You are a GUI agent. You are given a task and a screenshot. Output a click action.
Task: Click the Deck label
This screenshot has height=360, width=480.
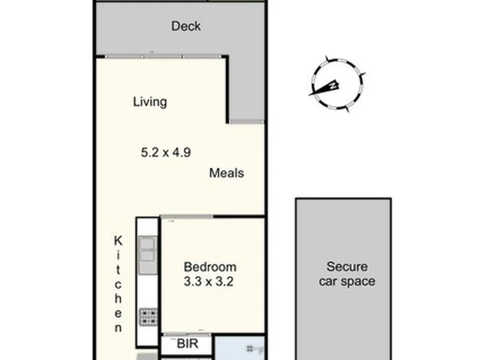186,26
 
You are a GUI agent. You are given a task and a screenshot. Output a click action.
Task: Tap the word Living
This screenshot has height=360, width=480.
150,102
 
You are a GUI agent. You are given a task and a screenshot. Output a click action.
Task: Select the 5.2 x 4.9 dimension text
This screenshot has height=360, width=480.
165,153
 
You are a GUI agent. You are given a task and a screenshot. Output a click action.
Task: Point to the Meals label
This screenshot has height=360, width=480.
227,173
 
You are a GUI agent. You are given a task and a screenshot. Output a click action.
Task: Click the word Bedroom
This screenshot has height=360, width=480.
210,267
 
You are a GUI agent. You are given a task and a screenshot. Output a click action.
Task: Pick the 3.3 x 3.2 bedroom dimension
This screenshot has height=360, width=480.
209,281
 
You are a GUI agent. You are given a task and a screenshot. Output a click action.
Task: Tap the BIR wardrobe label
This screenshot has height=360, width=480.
187,344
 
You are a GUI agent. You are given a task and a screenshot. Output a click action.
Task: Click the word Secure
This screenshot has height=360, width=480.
347,267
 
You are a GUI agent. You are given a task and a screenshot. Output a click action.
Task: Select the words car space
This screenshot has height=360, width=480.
347,281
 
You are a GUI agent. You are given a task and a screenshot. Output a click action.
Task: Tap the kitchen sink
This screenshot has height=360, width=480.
147,255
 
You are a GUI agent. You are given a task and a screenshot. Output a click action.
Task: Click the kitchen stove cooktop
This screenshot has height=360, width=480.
149,317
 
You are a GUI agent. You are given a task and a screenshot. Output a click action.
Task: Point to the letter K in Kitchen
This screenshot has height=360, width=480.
118,241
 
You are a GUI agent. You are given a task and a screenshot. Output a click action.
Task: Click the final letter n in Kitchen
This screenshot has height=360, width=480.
118,328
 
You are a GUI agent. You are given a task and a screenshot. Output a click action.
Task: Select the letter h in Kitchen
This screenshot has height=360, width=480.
118,298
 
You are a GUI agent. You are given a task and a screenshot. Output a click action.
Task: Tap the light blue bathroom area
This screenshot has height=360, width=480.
239,348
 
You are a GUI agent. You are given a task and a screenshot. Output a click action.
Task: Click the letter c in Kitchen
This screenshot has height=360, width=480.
118,285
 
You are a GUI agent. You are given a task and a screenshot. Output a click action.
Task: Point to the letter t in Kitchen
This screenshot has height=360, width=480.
118,270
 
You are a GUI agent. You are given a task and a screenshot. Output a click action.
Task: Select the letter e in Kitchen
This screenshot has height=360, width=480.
118,313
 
